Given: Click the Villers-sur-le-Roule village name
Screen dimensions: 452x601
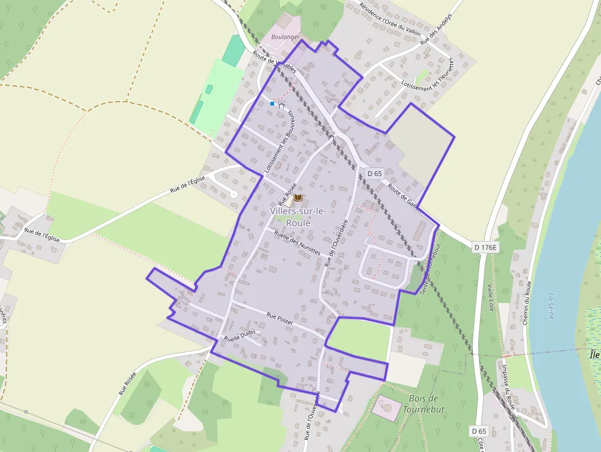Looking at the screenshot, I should (298, 217).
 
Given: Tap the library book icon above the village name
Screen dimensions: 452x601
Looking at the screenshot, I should (298, 197).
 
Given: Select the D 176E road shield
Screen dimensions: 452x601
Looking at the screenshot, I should (486, 247).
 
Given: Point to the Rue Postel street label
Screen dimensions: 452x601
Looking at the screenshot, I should (279, 318).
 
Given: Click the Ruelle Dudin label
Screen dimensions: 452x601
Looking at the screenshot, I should (240, 335).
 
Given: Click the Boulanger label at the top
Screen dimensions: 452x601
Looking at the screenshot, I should (285, 37).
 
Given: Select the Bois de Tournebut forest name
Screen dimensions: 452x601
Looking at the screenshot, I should (423, 404).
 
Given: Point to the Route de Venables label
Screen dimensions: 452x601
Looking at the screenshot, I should (275, 61).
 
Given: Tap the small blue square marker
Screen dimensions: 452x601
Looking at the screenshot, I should (272, 104).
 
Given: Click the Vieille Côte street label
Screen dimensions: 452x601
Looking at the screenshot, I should (491, 297).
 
